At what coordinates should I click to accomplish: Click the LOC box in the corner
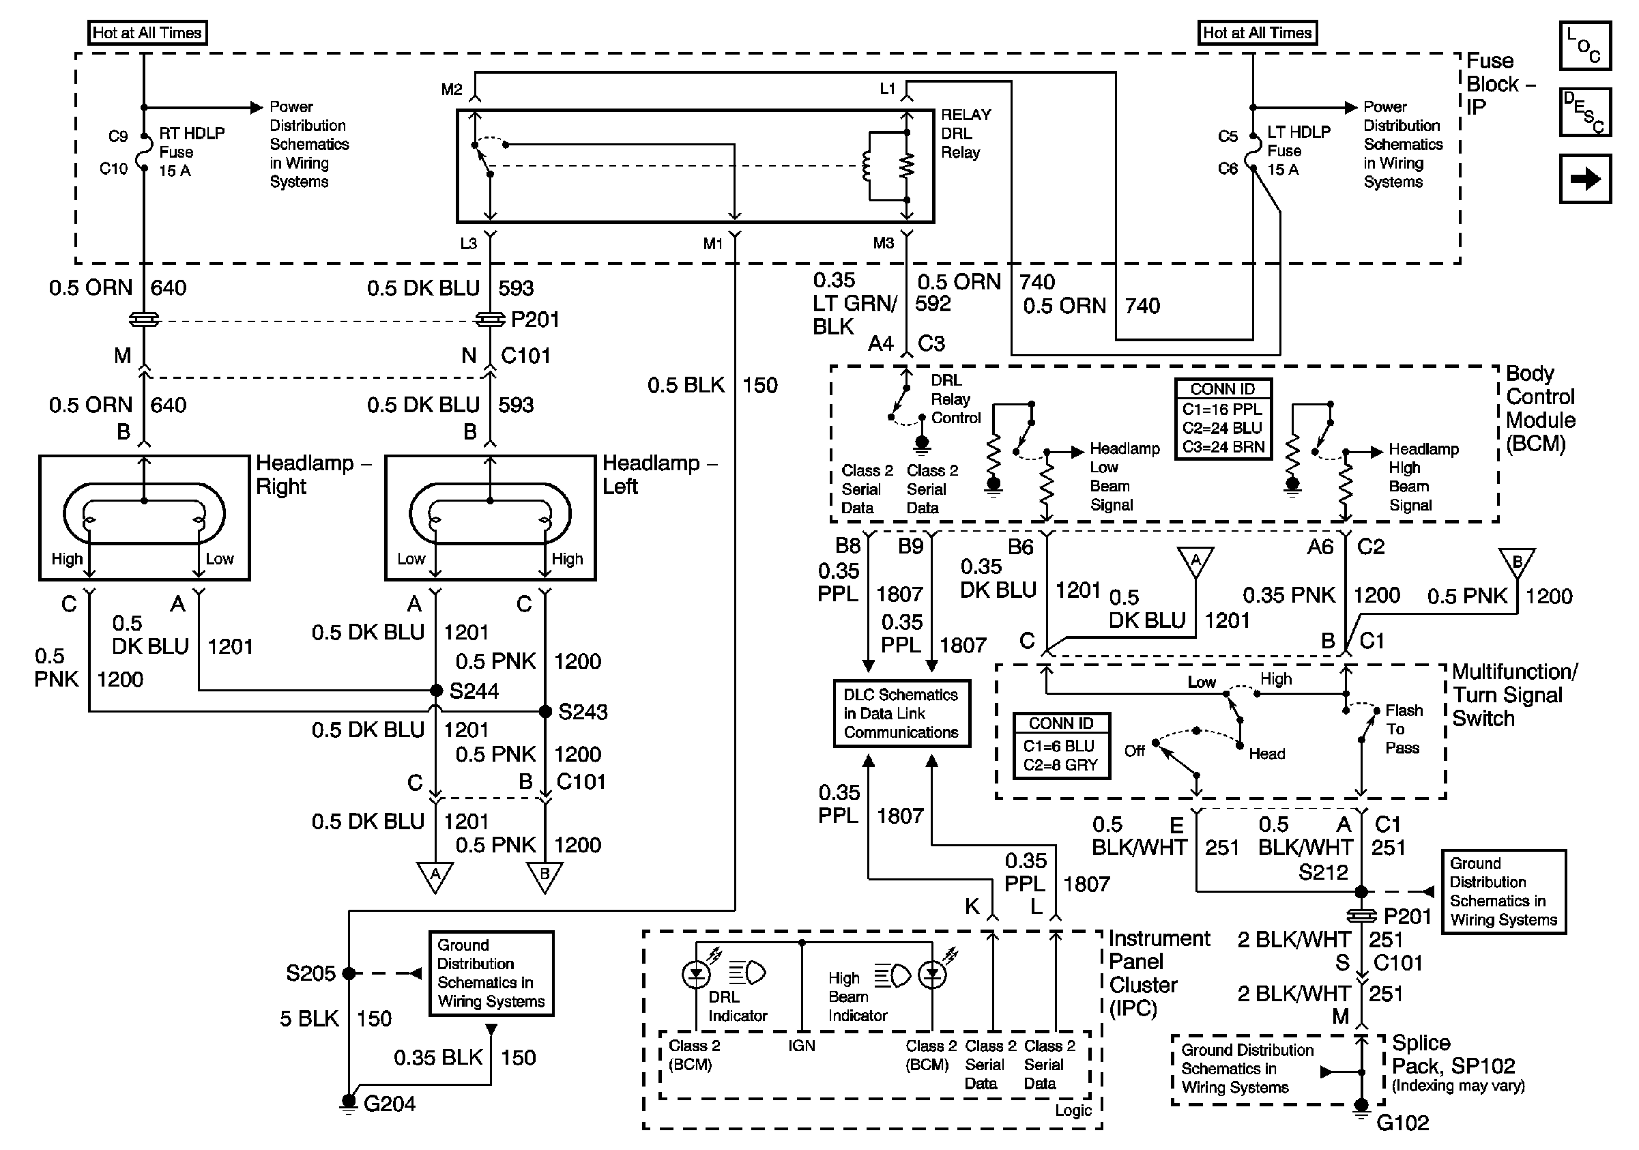pyautogui.click(x=1584, y=46)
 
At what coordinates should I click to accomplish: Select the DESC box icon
pyautogui.click(x=1584, y=112)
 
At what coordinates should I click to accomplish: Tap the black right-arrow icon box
pyautogui.click(x=1584, y=178)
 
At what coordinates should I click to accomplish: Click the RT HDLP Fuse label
pyautogui.click(x=190, y=152)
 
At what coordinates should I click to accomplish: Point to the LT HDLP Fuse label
pyautogui.click(x=1298, y=151)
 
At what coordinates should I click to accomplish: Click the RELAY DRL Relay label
pyautogui.click(x=964, y=134)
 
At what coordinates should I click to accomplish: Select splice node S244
pyautogui.click(x=436, y=690)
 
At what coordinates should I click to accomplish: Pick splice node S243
pyautogui.click(x=545, y=711)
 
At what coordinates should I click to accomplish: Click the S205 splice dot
pyautogui.click(x=349, y=973)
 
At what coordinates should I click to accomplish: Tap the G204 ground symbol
pyautogui.click(x=349, y=1103)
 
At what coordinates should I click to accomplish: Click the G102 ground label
pyautogui.click(x=1402, y=1123)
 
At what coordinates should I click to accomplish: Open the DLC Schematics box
pyautogui.click(x=901, y=713)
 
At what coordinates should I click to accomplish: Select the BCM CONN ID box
pyautogui.click(x=1223, y=419)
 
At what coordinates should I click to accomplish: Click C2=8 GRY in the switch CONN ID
pyautogui.click(x=1061, y=764)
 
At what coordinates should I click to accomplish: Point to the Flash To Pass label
pyautogui.click(x=1403, y=729)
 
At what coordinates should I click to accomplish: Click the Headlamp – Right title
pyautogui.click(x=313, y=475)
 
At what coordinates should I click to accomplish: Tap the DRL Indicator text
pyautogui.click(x=737, y=1006)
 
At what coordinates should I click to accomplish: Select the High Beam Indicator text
pyautogui.click(x=856, y=996)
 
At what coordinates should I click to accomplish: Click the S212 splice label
pyautogui.click(x=1323, y=872)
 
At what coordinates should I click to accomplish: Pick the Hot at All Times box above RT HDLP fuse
pyautogui.click(x=147, y=33)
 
